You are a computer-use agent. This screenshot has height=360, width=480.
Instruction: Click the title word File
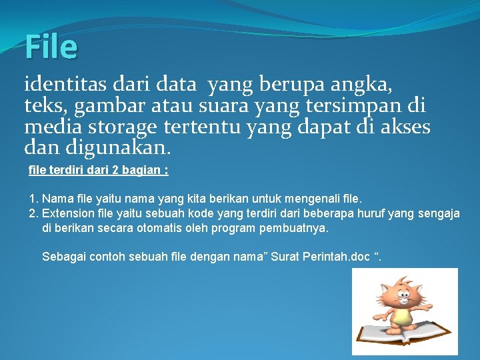(51, 47)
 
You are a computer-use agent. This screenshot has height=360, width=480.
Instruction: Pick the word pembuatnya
(297, 228)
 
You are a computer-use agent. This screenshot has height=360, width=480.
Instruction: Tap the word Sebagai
(62, 257)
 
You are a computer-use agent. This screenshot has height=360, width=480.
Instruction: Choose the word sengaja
(439, 213)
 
